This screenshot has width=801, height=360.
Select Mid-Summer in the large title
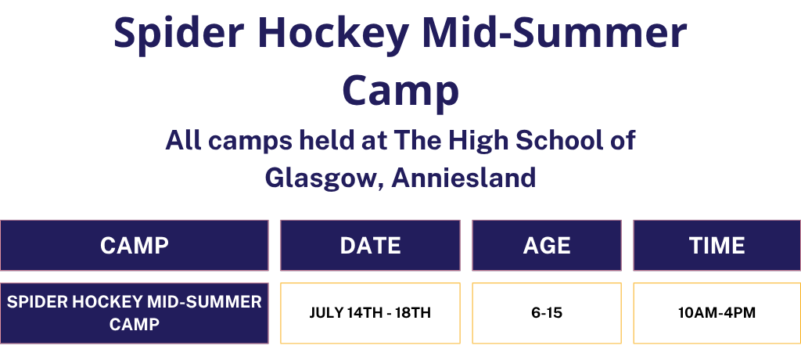(555, 32)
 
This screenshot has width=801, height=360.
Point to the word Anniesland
(463, 178)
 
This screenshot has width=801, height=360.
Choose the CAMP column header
(135, 246)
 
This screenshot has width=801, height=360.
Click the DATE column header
(370, 246)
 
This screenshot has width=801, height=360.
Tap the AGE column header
(547, 246)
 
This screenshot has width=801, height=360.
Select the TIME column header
(717, 246)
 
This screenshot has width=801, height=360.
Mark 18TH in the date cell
(413, 313)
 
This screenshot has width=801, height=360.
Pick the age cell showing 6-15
(547, 313)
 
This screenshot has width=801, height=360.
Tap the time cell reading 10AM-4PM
(717, 313)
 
